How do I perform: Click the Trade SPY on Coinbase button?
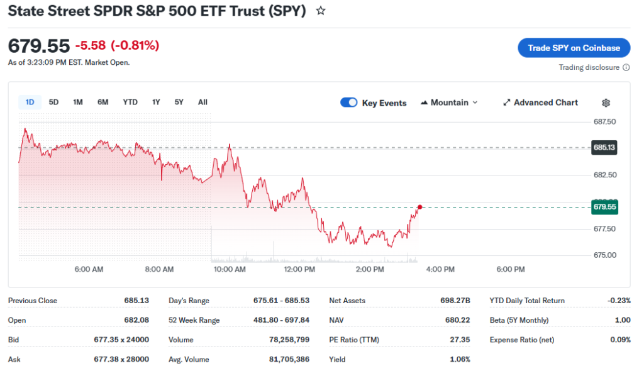(574, 48)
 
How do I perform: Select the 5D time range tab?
(53, 102)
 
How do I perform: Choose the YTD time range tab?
(130, 102)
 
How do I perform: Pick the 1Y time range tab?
(156, 102)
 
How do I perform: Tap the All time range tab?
(203, 102)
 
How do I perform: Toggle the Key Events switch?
(349, 103)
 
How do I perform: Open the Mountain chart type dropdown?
(449, 103)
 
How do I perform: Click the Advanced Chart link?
(540, 103)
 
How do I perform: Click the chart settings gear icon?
(606, 103)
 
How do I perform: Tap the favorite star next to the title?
(321, 11)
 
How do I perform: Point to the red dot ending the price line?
(419, 207)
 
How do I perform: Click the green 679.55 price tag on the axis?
(604, 207)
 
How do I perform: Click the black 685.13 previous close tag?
(604, 148)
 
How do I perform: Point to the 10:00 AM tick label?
(230, 269)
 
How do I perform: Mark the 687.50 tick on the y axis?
(604, 121)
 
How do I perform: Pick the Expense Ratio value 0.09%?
(619, 340)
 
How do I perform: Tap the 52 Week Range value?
(284, 320)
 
